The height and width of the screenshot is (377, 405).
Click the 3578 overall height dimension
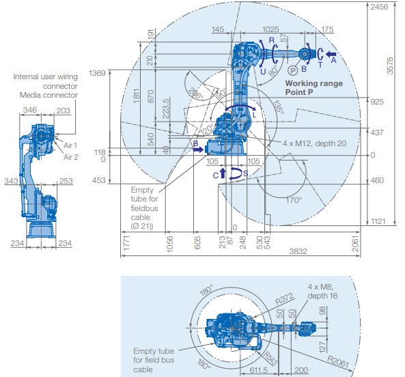tap(390, 66)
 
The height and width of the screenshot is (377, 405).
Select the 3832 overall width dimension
tap(298, 251)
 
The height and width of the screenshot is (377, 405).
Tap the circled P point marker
tap(293, 70)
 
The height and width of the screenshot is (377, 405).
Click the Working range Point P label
tap(313, 87)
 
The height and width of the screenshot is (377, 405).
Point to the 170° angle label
tap(294, 200)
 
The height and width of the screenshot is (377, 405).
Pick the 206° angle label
tap(195, 94)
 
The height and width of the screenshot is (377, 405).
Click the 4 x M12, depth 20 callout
tap(314, 143)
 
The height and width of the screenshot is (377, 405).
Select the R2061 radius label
tap(338, 361)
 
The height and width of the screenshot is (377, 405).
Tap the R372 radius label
tap(284, 298)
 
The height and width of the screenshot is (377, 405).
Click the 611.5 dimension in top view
tap(259, 370)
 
